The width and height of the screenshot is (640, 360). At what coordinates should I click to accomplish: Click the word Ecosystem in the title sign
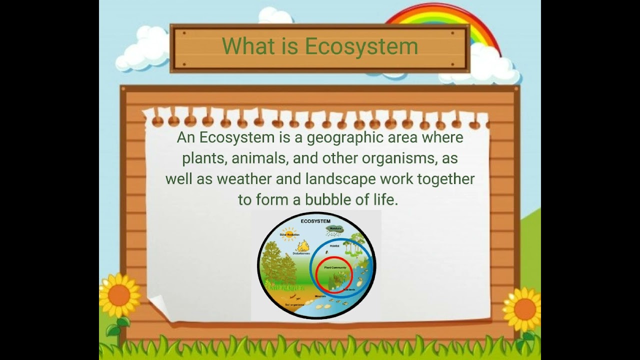point(361,46)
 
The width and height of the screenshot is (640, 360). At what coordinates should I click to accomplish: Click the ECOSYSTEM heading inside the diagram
point(315,221)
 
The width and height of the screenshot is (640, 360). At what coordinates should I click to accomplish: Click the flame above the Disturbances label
point(302,245)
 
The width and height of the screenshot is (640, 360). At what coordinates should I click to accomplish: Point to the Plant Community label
point(335,267)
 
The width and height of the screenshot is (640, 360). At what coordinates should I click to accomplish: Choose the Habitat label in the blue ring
point(334,246)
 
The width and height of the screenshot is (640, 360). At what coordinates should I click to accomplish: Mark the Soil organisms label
point(294,304)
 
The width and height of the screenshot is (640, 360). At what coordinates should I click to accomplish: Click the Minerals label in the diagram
point(320,296)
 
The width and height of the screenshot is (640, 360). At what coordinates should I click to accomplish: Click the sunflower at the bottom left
point(118,295)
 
